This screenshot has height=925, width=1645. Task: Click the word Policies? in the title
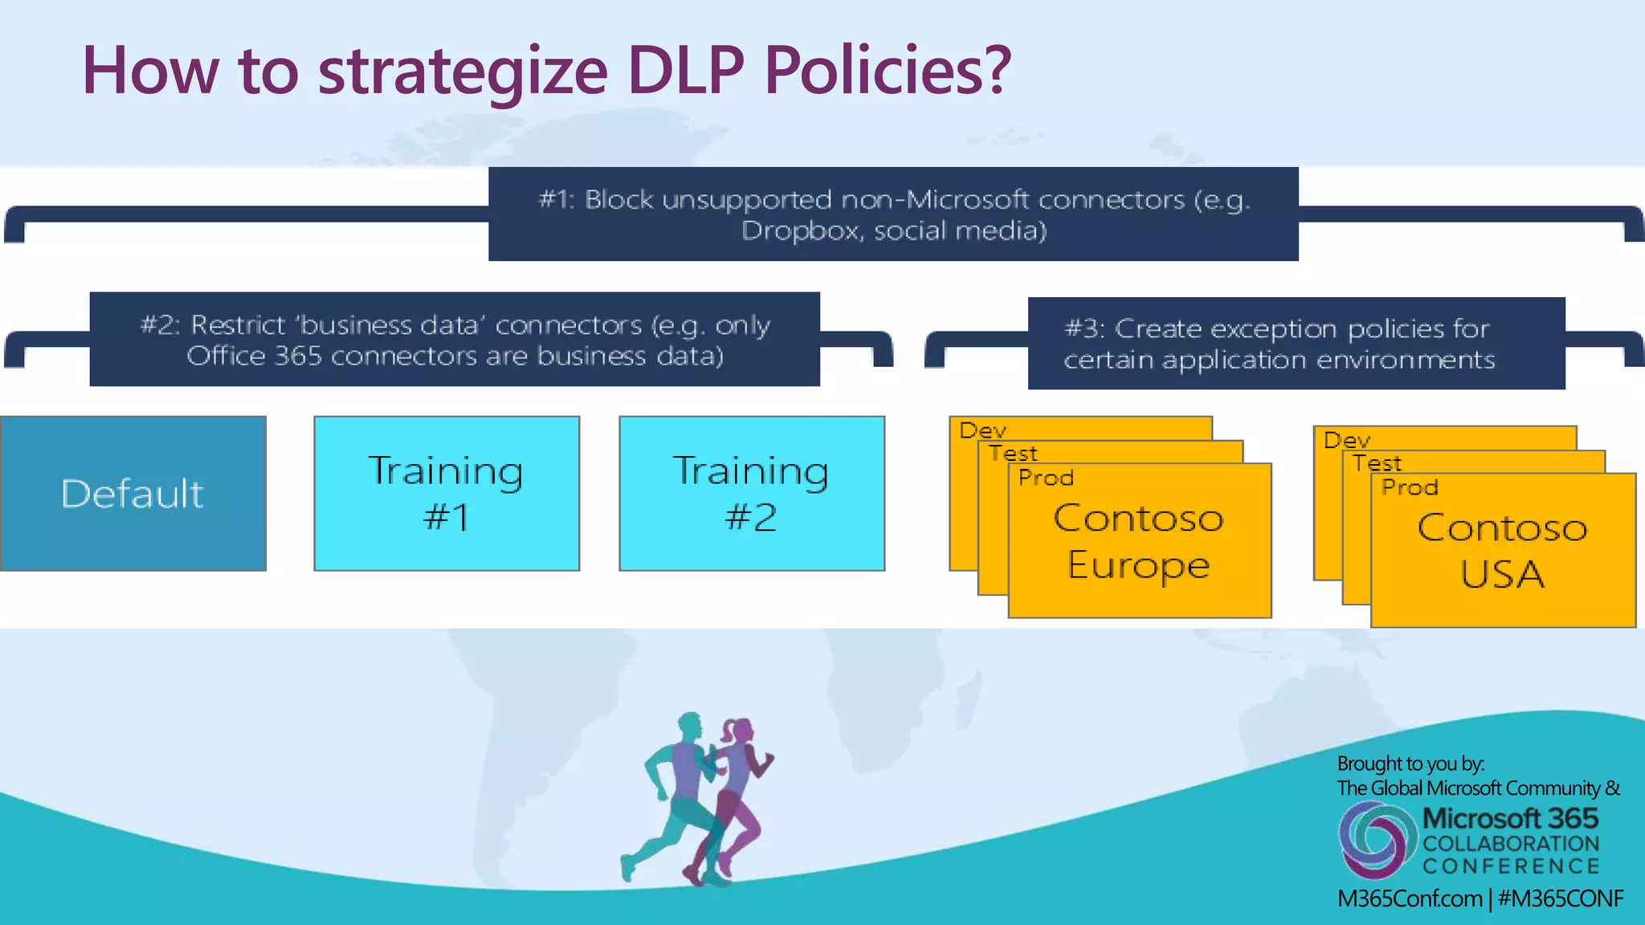(x=888, y=71)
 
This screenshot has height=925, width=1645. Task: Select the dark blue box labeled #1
(x=893, y=214)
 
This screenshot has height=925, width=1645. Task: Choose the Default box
(x=133, y=493)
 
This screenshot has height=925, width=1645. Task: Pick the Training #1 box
(x=446, y=493)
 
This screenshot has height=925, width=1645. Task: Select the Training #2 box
(x=751, y=493)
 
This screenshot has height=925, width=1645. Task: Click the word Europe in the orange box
(x=1138, y=565)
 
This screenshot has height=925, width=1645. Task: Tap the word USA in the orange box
(x=1502, y=575)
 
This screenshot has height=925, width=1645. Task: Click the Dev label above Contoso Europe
(x=982, y=430)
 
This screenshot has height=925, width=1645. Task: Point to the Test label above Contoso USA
(x=1377, y=463)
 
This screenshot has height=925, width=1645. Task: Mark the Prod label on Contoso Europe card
(x=1046, y=478)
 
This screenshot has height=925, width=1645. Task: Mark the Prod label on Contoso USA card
(x=1410, y=487)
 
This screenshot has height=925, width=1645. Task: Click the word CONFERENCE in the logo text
(x=1511, y=866)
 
